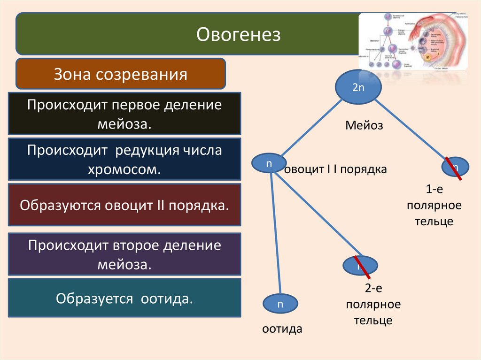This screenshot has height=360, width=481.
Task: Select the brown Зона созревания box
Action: coord(121,74)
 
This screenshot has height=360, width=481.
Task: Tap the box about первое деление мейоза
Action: coord(124,114)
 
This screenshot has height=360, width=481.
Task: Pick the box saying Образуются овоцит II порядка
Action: coord(124,205)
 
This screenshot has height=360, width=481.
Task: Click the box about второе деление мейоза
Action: coord(124,254)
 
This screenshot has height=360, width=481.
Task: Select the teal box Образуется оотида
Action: coord(124,298)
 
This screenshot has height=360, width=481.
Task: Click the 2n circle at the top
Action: coord(358,87)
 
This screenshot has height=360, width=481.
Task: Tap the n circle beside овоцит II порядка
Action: coord(269,163)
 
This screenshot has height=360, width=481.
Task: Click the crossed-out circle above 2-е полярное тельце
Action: coord(360,266)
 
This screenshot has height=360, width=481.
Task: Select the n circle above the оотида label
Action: coord(280,304)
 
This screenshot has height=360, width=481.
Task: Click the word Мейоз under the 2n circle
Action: coord(365,126)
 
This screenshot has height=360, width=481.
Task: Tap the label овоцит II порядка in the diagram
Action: coord(335,169)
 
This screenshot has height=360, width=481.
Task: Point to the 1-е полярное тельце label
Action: coord(434,205)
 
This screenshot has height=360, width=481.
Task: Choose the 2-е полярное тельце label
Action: coord(373,305)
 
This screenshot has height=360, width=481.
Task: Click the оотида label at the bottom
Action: coord(282,329)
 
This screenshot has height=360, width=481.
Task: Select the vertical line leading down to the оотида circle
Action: coord(276,235)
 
